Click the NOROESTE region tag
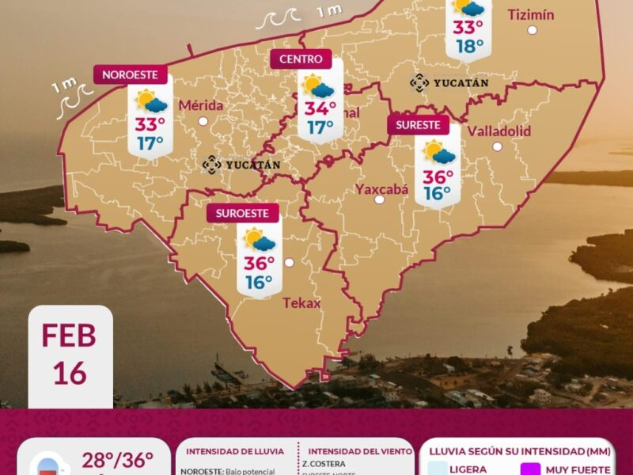click(132, 75)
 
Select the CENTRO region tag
click(301, 59)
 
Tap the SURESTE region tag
click(419, 124)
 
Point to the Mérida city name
click(201, 105)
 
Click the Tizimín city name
click(530, 14)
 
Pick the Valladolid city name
click(498, 131)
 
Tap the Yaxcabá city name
click(381, 188)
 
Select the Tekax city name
click(301, 302)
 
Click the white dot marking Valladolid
click(498, 146)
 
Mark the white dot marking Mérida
click(203, 121)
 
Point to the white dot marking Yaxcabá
click(380, 200)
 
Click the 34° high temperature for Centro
click(320, 108)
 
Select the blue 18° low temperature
click(469, 47)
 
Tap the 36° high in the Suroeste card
click(259, 262)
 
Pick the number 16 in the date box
click(70, 372)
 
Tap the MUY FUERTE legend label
click(578, 469)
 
